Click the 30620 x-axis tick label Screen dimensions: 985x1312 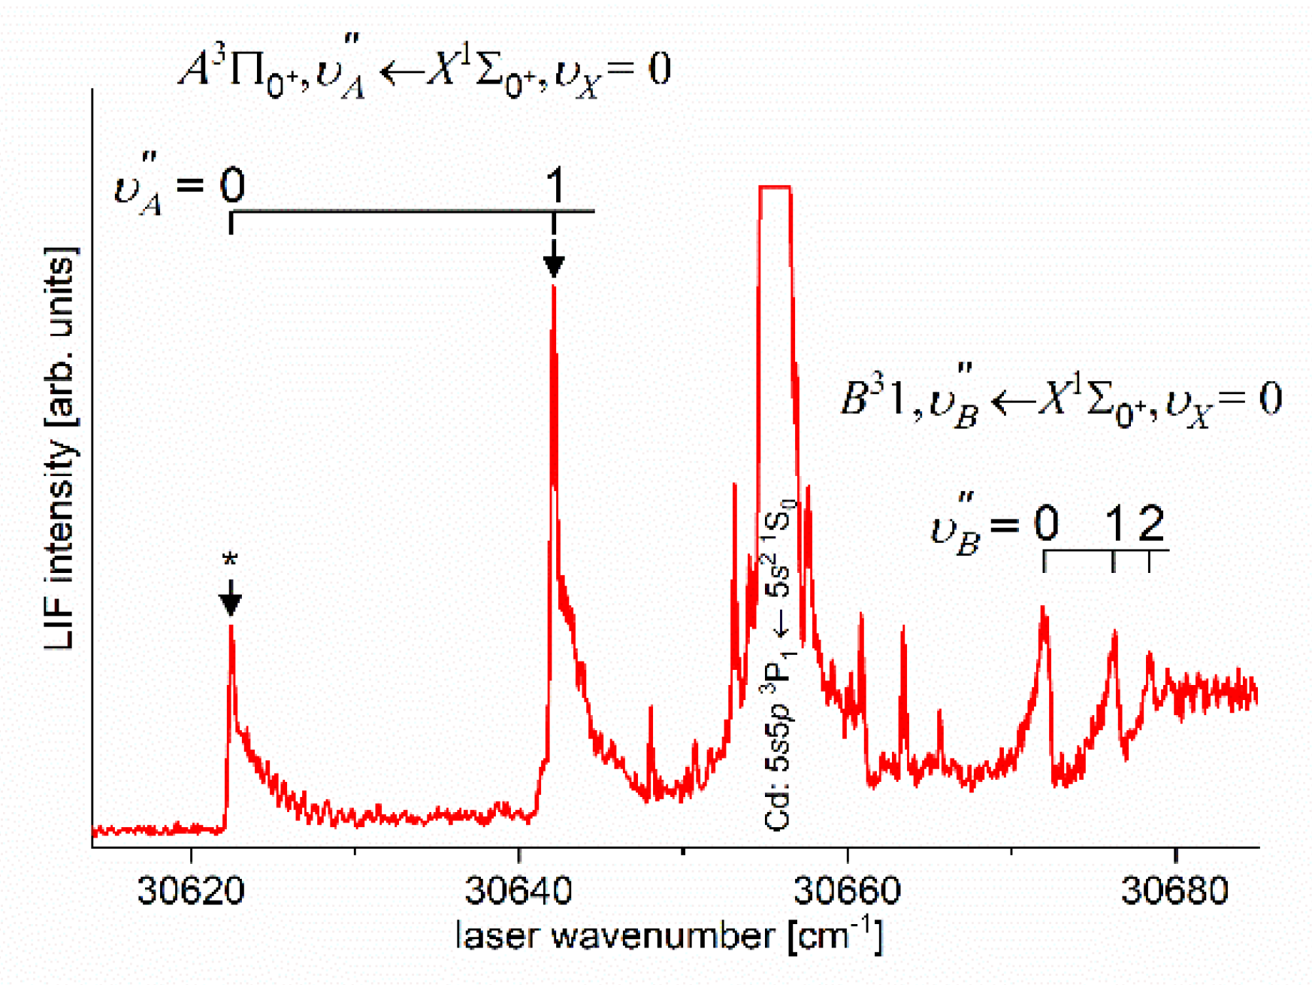(191, 891)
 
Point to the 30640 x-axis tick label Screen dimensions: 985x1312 (518, 891)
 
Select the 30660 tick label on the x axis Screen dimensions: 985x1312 (847, 891)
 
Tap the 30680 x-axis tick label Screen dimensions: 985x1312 (1174, 891)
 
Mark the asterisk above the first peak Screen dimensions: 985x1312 (230, 561)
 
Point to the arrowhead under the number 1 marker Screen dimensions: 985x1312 (554, 265)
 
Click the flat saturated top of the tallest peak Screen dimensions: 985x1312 (775, 187)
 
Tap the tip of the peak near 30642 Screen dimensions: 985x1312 (554, 288)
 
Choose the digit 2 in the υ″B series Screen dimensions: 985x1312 (1150, 523)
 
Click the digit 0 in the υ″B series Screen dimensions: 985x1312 (1046, 523)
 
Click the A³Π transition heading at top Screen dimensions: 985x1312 (425, 72)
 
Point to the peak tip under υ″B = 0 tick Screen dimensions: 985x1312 (1043, 608)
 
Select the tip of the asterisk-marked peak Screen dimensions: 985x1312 (231, 626)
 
